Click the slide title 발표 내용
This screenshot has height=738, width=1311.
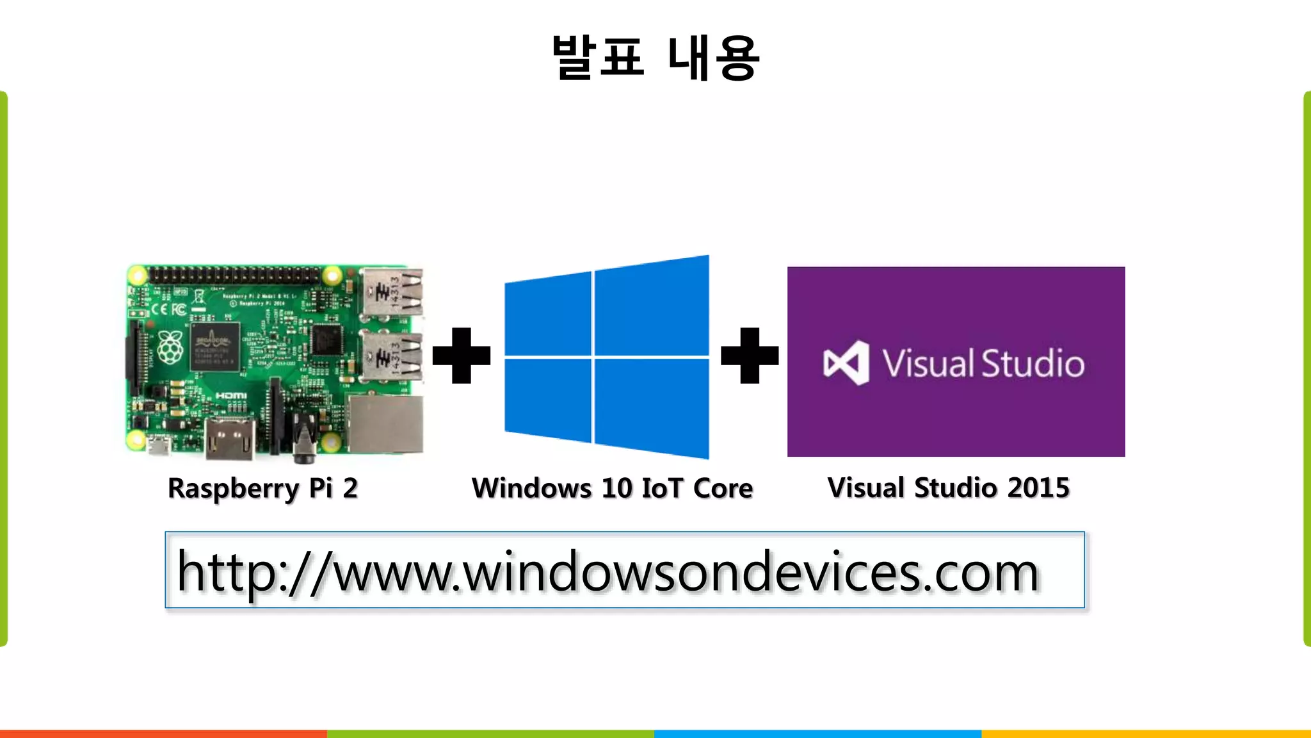tap(655, 58)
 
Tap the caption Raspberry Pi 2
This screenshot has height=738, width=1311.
tap(262, 488)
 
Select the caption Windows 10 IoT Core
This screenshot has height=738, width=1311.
tap(612, 488)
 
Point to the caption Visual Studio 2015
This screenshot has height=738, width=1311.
tap(948, 488)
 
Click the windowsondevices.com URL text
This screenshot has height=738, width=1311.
tap(608, 571)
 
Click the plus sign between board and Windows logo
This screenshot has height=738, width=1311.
tap(462, 356)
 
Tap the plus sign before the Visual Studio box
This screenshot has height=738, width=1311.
tap(750, 356)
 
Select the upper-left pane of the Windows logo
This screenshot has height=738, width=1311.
tap(549, 314)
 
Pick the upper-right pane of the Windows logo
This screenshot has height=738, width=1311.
tap(652, 306)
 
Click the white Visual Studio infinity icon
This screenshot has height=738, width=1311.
tap(846, 363)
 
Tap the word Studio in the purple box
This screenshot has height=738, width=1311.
tap(1033, 363)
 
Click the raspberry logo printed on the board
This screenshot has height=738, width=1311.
tap(170, 348)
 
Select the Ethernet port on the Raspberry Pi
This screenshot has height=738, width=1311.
tap(385, 423)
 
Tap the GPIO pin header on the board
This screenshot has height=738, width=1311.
tap(234, 276)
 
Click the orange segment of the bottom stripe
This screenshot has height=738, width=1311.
tap(163, 734)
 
